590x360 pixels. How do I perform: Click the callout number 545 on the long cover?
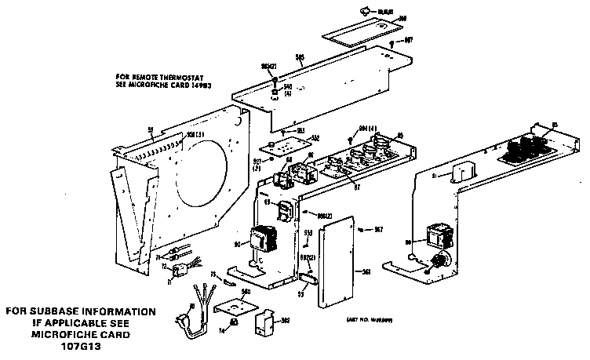pyautogui.click(x=298, y=56)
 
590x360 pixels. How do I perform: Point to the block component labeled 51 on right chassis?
pyautogui.click(x=466, y=178)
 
